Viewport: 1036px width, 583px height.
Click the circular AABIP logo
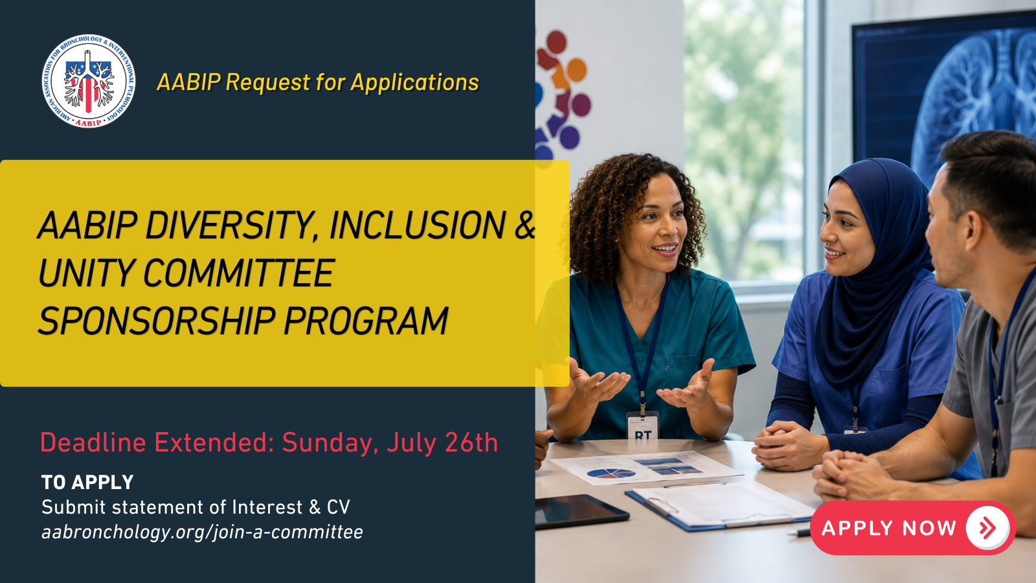tap(88, 81)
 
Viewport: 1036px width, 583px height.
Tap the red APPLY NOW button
tap(912, 528)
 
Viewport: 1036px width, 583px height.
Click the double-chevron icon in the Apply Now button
tap(987, 528)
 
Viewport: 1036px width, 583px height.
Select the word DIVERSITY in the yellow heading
tap(227, 226)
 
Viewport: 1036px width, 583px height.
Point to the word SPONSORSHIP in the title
tap(156, 321)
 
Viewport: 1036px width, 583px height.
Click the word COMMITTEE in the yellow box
tap(239, 273)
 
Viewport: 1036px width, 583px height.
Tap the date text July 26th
tap(442, 443)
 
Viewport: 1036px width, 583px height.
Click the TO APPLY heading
tap(87, 482)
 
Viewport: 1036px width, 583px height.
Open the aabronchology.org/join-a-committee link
tap(202, 532)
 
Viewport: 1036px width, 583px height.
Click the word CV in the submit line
tap(339, 507)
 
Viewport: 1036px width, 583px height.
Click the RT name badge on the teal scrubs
tap(642, 425)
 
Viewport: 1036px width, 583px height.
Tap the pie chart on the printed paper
tap(611, 474)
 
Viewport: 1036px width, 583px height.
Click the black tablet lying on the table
tap(581, 510)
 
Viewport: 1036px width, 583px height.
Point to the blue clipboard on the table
tap(719, 507)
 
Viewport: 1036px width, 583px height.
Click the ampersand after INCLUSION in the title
tap(525, 226)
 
